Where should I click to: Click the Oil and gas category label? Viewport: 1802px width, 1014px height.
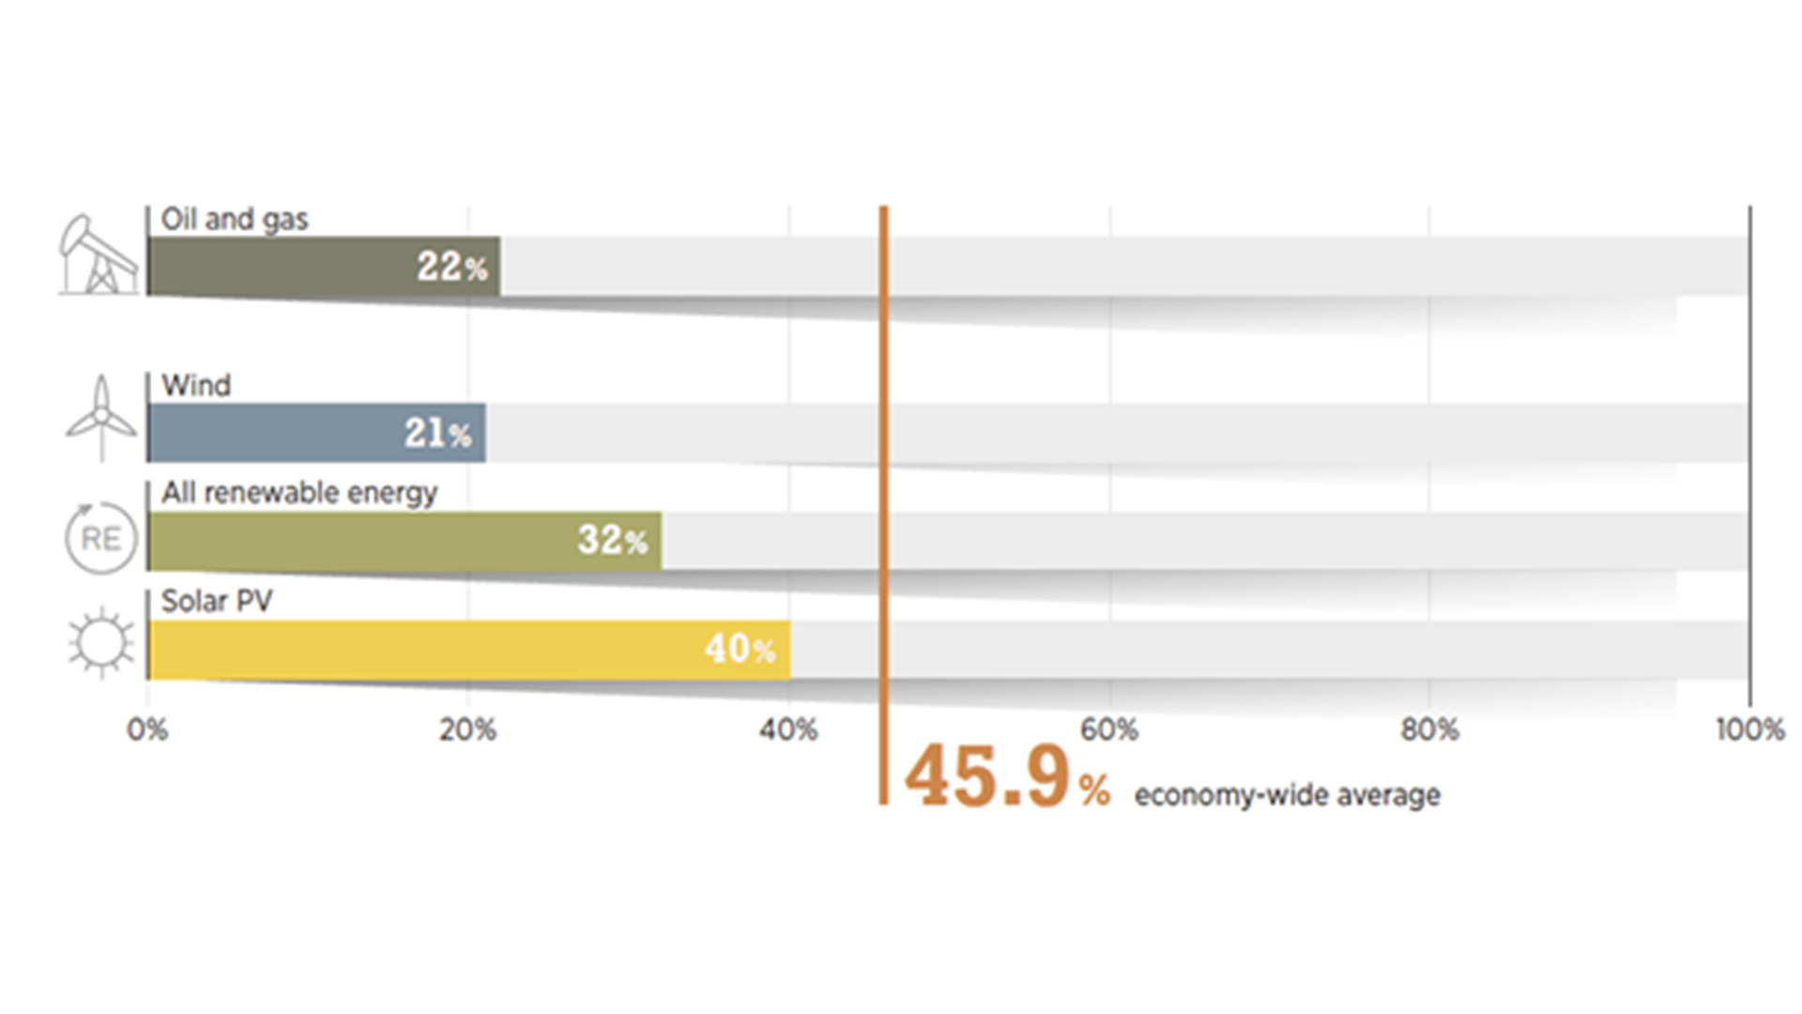234,220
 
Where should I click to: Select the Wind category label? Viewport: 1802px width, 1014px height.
195,386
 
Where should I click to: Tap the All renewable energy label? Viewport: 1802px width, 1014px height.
298,493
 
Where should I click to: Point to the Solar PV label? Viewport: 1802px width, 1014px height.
216,601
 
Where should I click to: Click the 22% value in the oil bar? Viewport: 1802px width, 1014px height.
451,268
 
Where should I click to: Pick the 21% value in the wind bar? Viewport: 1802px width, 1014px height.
437,434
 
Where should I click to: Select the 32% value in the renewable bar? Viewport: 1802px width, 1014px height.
612,541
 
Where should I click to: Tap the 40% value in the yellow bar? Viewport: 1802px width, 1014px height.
740,650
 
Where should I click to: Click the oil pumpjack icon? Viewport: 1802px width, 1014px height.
99,254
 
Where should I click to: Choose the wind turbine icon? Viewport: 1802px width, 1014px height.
101,419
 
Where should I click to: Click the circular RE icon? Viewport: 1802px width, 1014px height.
100,538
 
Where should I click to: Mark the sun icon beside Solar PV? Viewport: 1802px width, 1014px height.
101,643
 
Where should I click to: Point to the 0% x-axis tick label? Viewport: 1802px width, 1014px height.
147,730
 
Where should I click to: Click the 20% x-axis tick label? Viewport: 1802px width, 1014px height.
467,730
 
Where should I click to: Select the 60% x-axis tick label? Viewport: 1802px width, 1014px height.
1109,730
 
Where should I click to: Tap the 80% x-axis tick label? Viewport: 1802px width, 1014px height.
1429,730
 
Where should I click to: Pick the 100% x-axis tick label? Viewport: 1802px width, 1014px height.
1749,730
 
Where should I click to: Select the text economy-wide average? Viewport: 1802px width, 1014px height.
1287,796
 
